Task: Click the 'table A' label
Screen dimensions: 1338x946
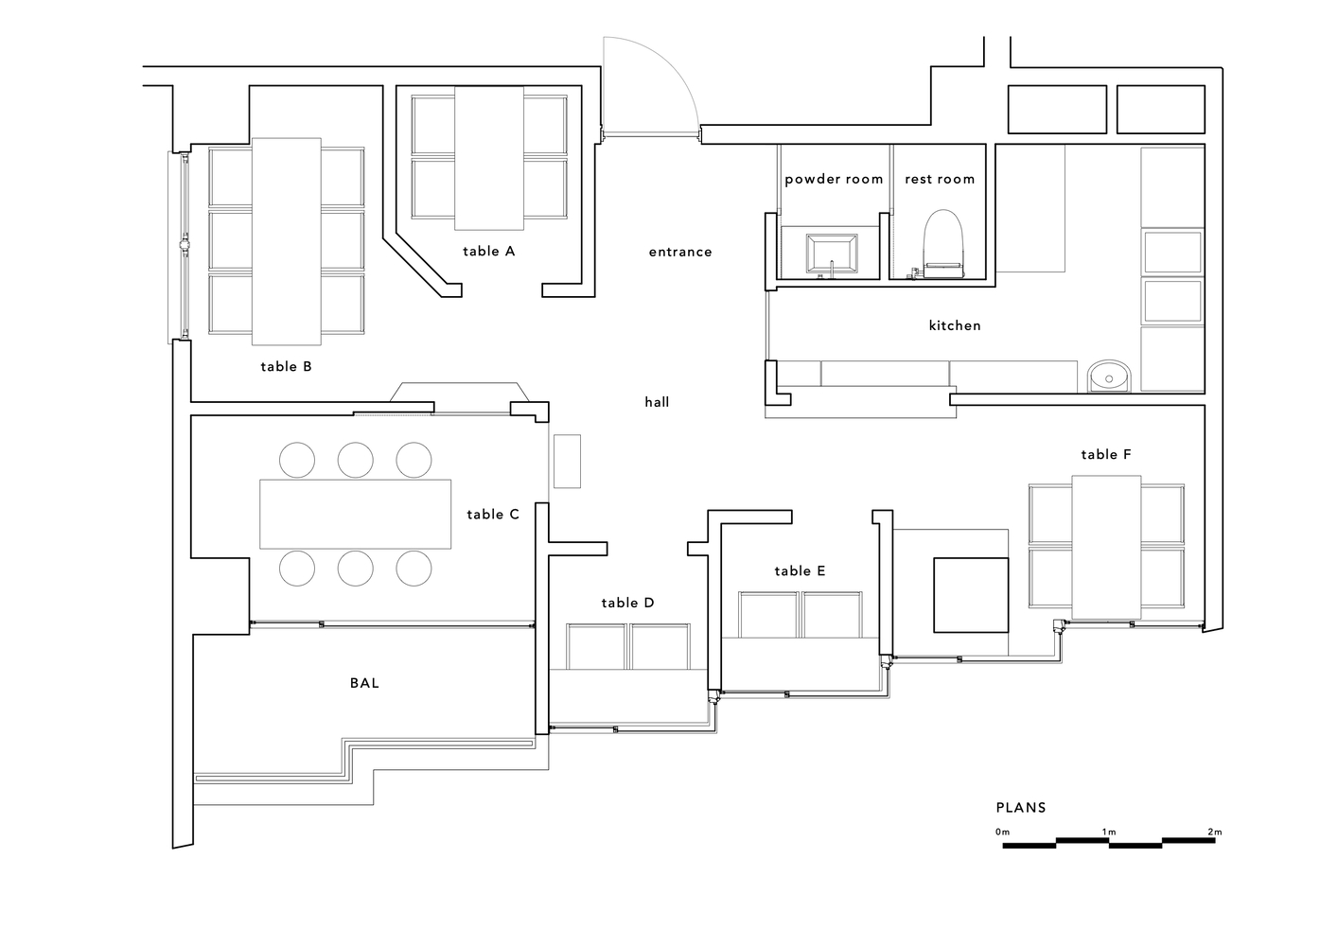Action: click(x=488, y=252)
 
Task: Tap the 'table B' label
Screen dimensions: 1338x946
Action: click(x=286, y=367)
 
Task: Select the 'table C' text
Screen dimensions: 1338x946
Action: click(x=493, y=515)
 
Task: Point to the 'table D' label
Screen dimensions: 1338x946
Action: click(x=627, y=604)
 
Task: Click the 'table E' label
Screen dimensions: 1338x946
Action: click(x=800, y=571)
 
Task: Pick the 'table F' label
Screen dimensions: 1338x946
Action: click(x=1106, y=454)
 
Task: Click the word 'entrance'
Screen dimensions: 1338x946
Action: click(x=680, y=252)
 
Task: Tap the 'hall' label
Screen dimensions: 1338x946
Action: click(x=657, y=402)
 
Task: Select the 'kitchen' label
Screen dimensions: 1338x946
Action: click(x=955, y=325)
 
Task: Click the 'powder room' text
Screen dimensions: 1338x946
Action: click(x=834, y=179)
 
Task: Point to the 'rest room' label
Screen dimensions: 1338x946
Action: click(x=940, y=179)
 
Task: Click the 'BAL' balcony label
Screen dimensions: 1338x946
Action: click(x=364, y=683)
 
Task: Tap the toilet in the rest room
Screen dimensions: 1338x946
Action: click(x=943, y=244)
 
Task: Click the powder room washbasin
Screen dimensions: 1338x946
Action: click(x=832, y=254)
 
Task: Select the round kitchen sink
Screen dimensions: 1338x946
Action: click(x=1109, y=377)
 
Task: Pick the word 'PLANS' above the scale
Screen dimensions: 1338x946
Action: click(x=1021, y=808)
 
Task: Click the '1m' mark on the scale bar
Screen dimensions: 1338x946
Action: click(x=1109, y=832)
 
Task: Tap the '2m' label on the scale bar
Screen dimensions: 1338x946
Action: click(x=1215, y=832)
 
